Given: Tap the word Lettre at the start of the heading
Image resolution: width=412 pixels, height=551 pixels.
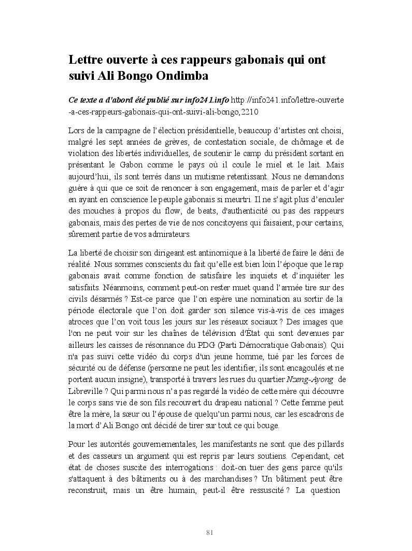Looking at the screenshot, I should pyautogui.click(x=86, y=59).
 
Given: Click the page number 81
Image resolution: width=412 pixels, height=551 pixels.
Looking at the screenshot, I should pyautogui.click(x=210, y=532).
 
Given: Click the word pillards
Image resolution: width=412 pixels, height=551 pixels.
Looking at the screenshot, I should pyautogui.click(x=330, y=444).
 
